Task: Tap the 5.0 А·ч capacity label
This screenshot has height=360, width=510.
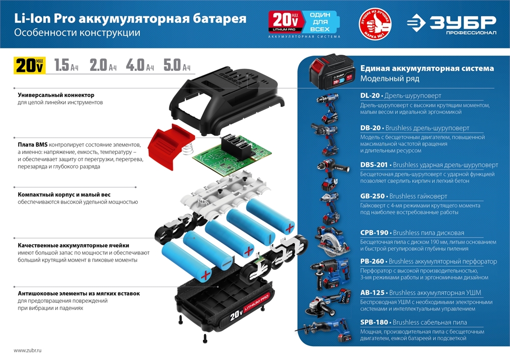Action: (x=177, y=66)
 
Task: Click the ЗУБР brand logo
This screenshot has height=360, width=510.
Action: (x=451, y=24)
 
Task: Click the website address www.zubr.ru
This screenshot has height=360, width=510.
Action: (x=28, y=350)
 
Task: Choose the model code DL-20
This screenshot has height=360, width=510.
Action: (x=370, y=96)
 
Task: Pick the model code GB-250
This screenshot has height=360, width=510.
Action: (x=372, y=196)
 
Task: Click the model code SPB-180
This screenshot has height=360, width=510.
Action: (x=374, y=322)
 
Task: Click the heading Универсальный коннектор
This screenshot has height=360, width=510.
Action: (x=56, y=95)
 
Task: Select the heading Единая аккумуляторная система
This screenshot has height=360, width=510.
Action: (x=427, y=68)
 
